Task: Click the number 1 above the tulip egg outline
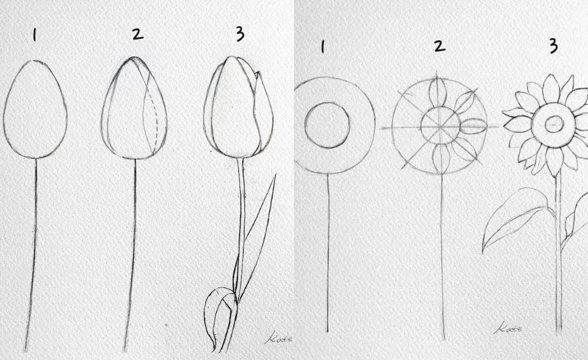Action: [x=35, y=35]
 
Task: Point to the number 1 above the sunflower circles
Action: [x=323, y=47]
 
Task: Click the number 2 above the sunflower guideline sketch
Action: [x=439, y=46]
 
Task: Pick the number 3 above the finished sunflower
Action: [x=553, y=46]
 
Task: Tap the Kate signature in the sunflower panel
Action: [x=508, y=329]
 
